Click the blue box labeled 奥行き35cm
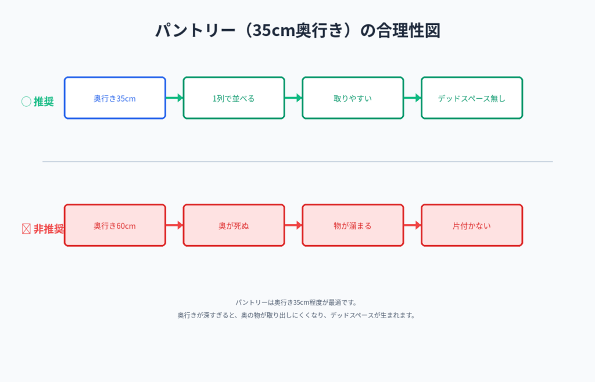point(114,98)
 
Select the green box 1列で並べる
point(234,98)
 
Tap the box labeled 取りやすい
point(353,98)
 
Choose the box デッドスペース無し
point(472,98)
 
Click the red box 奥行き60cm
point(114,225)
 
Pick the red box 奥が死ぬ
point(234,225)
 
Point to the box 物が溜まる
point(353,225)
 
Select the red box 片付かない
point(472,225)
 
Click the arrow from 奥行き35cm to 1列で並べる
point(174,98)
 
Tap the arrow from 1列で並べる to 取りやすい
point(293,98)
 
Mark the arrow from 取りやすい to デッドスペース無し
point(413,98)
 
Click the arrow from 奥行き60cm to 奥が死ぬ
point(174,225)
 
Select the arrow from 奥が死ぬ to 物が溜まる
point(293,225)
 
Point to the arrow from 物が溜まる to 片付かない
point(413,225)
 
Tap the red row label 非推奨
point(48,229)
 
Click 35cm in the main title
point(270,30)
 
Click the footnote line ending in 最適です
point(296,302)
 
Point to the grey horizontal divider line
point(297,161)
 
